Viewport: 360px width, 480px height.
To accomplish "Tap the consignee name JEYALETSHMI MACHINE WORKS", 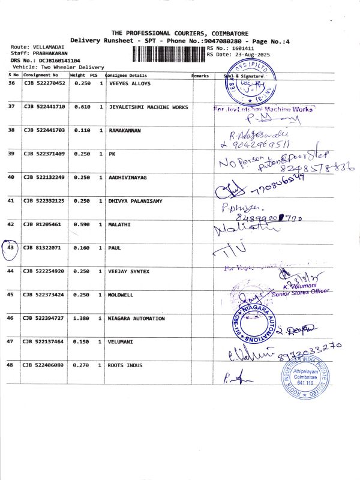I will [x=148, y=107].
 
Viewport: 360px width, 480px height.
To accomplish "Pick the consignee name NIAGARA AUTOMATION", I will [x=136, y=319].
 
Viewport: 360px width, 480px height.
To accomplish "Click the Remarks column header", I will [x=200, y=76].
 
